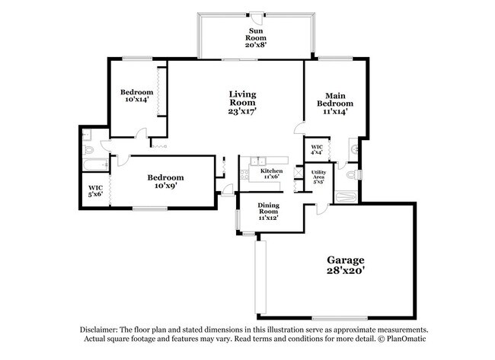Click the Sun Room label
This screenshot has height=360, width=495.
254,37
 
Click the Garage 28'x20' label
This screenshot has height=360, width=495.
346,264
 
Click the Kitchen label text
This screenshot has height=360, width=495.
271,171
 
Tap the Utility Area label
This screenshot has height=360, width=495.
319,177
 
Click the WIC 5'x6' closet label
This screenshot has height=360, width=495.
94,190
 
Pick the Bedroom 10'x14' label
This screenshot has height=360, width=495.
138,96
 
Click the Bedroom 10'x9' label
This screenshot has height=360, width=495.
165,181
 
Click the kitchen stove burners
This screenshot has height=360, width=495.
245,175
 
